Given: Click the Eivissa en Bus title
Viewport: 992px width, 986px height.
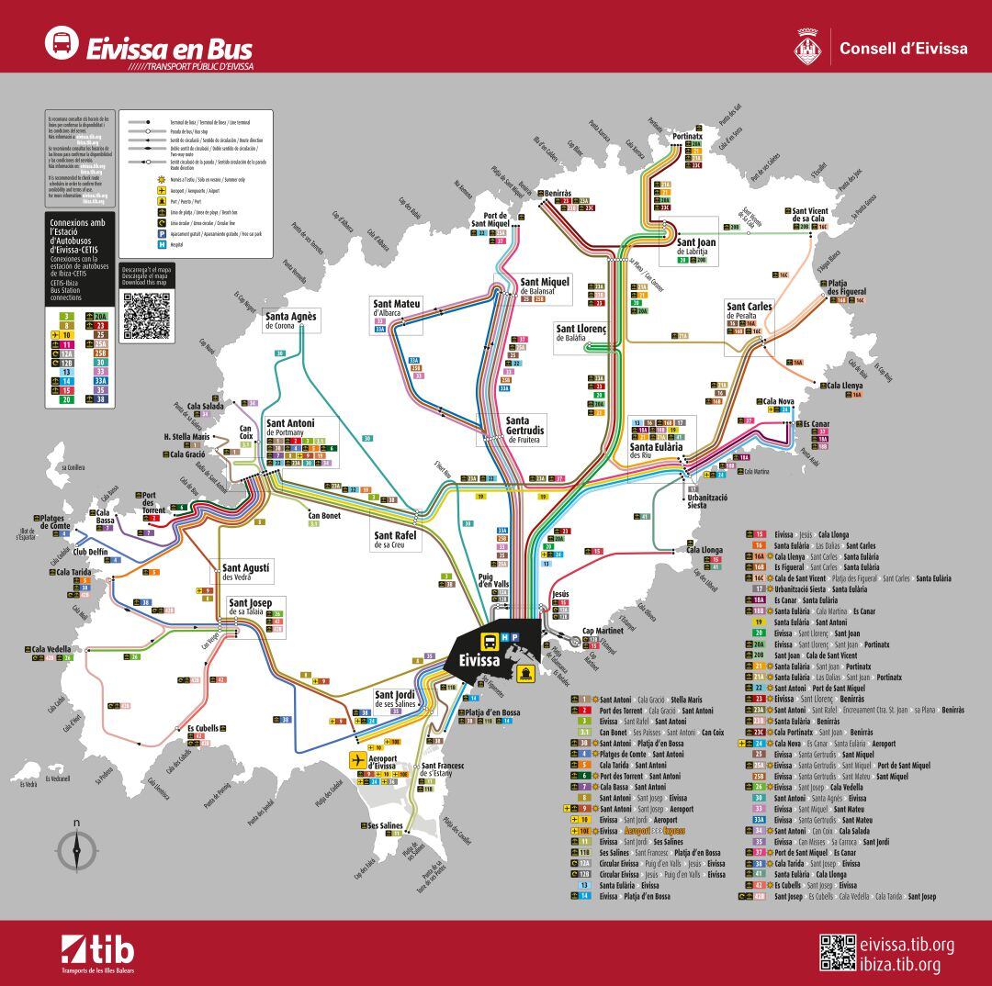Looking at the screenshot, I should (168, 47).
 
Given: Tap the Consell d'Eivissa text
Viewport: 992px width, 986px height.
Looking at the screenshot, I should (903, 48).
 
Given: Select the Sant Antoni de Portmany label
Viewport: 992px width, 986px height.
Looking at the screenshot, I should (290, 427).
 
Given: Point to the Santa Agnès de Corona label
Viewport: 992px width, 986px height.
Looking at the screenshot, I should (291, 320).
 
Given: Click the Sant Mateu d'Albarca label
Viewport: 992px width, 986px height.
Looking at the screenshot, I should (397, 308).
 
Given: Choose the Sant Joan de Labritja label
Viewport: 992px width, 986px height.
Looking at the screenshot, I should (696, 246).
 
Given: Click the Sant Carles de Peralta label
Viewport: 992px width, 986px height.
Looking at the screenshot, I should (750, 310).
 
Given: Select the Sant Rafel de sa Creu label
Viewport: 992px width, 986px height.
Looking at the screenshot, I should (397, 540).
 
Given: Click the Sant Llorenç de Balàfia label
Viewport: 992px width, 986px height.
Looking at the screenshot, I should (581, 332).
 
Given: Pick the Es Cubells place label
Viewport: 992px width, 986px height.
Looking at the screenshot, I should (204, 728).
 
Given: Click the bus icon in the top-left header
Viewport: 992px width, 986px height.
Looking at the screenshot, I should (62, 43).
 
